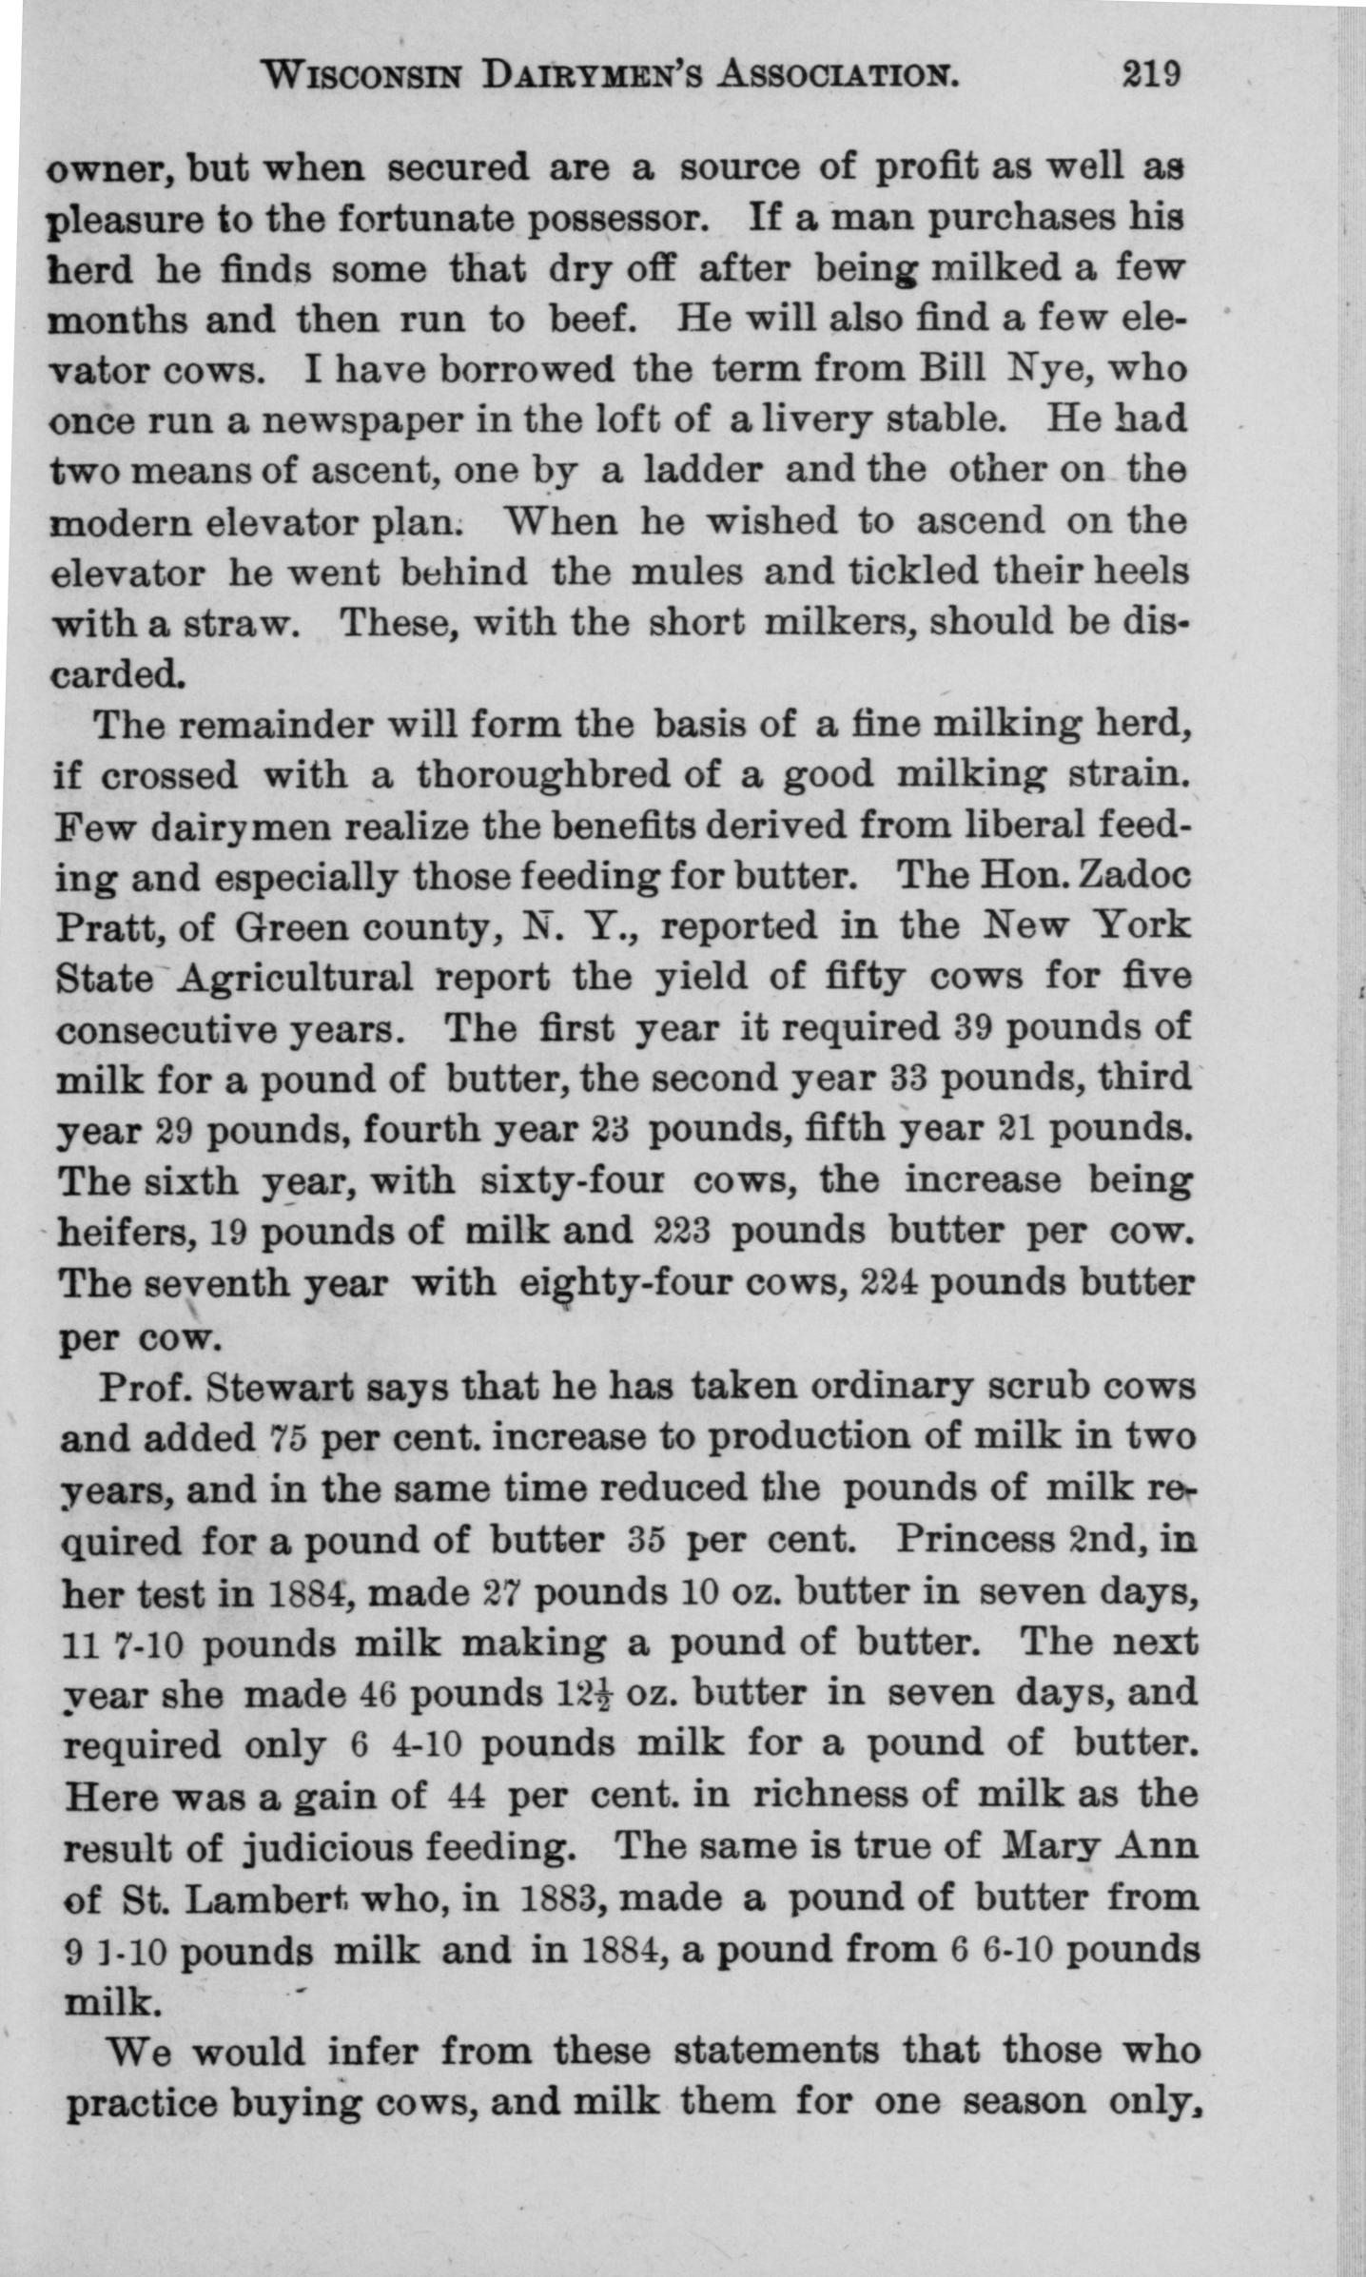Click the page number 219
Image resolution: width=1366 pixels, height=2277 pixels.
[1151, 74]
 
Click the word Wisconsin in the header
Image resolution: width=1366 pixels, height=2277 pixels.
[361, 75]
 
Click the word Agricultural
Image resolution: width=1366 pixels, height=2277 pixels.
[294, 979]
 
